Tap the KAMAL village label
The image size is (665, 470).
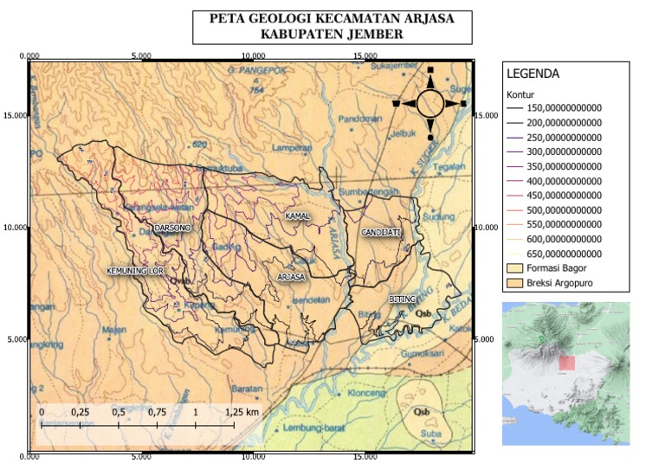(297, 215)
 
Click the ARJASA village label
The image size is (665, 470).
(291, 277)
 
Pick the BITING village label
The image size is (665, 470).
(402, 299)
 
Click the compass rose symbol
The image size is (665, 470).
(429, 104)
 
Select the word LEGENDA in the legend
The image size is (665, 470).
(533, 74)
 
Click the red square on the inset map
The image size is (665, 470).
(565, 363)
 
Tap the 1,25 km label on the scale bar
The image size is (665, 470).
(242, 412)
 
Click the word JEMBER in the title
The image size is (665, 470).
(373, 34)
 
